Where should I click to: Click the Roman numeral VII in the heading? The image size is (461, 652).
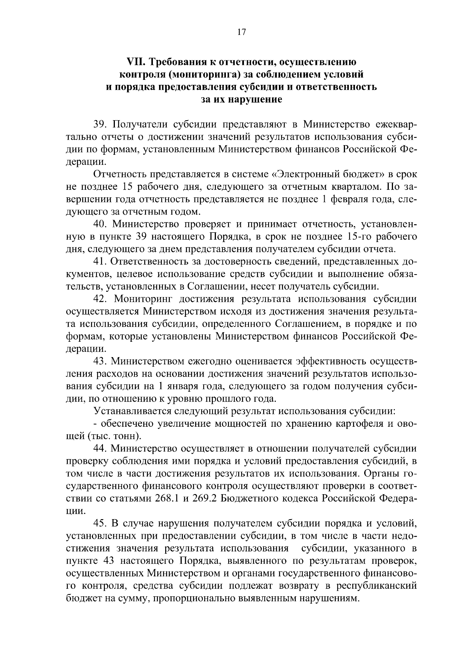(x=135, y=62)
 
